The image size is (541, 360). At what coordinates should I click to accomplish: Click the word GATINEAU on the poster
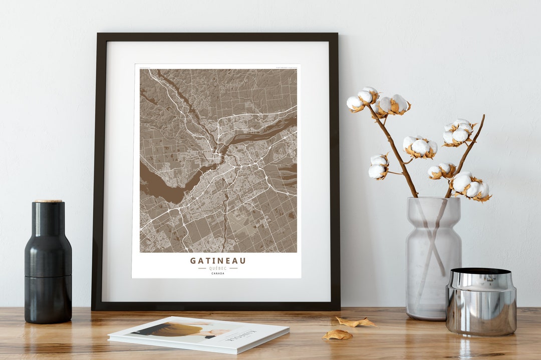[x=218, y=260]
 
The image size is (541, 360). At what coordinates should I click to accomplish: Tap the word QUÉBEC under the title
[x=218, y=268]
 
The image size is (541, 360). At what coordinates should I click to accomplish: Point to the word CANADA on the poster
[x=218, y=273]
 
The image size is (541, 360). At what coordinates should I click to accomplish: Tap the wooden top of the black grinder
[x=48, y=201]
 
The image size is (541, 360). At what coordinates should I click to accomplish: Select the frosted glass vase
[x=433, y=260]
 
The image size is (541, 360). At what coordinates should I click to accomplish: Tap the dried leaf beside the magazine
[x=337, y=334]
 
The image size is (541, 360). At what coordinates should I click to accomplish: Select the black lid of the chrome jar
[x=481, y=271]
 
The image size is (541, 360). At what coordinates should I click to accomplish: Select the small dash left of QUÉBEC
[x=202, y=268]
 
